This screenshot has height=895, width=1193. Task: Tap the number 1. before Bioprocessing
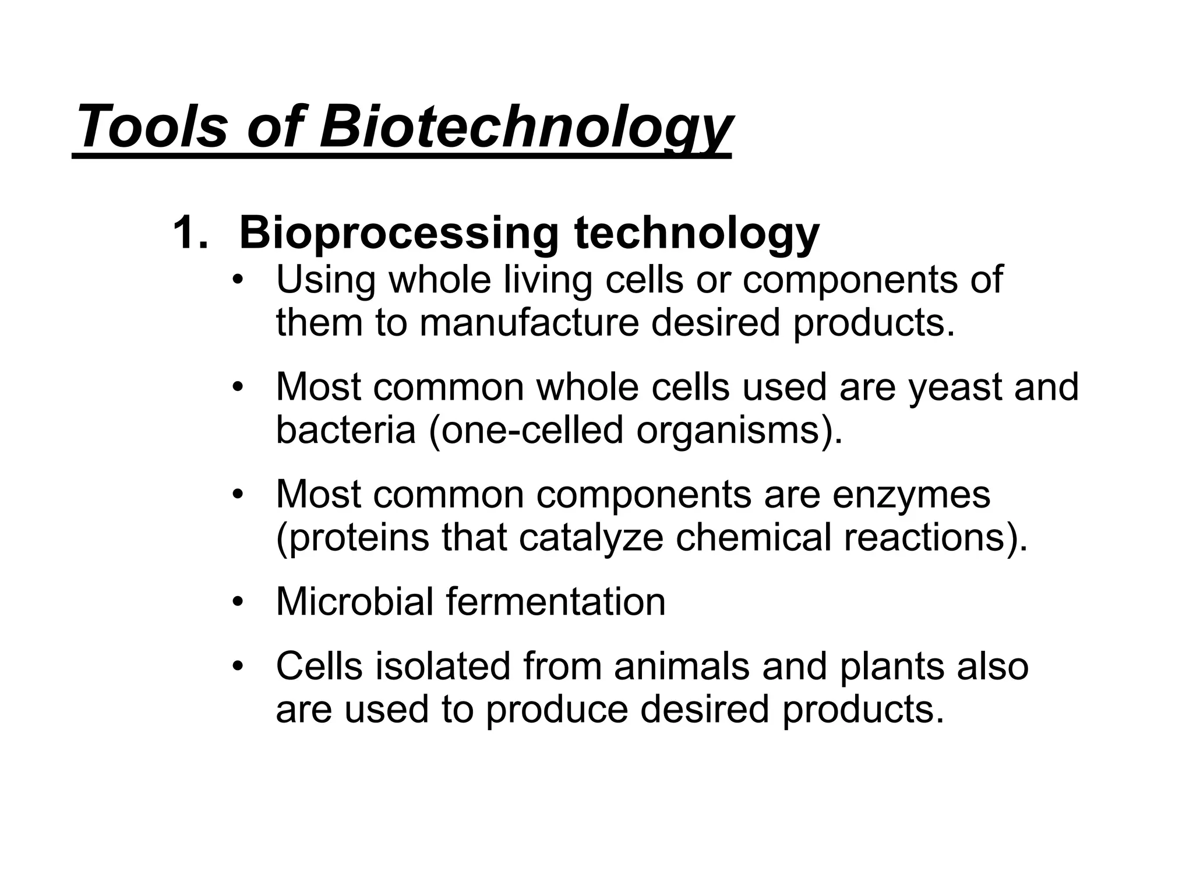click(x=190, y=233)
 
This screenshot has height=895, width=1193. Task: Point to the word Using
click(x=326, y=280)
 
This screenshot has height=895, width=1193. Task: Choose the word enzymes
click(x=911, y=495)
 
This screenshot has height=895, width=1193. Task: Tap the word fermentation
click(x=556, y=601)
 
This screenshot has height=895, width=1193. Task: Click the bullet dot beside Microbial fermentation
click(x=237, y=601)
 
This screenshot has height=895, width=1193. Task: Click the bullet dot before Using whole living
click(x=237, y=280)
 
